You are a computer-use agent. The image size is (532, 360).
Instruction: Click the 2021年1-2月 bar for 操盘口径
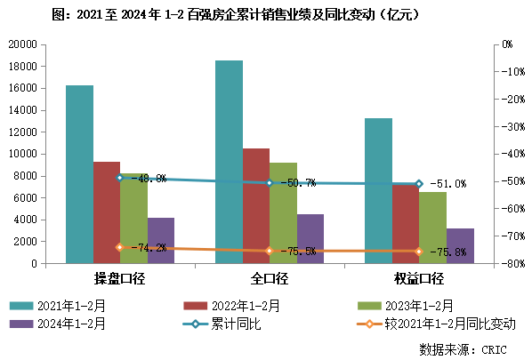coord(79,174)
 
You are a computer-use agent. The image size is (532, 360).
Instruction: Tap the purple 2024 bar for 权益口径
coord(460,246)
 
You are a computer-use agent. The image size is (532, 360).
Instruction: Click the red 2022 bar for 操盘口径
coord(107,212)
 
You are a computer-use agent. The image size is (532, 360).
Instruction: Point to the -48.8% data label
coord(148,179)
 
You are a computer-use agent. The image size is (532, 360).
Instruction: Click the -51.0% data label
coord(447,184)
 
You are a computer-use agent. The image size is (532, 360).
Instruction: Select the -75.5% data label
coord(297,252)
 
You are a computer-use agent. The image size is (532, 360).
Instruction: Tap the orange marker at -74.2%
coord(120,247)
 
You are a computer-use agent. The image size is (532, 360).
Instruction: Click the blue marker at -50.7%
coord(270,183)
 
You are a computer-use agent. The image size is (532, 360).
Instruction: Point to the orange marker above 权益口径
coord(419,252)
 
